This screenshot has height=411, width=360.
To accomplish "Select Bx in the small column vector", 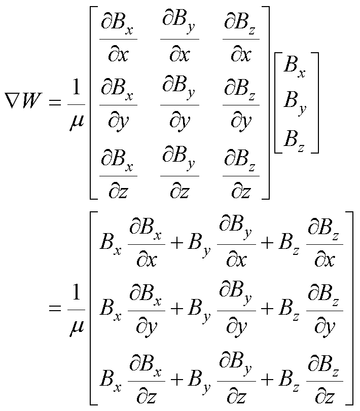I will [295, 68].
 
